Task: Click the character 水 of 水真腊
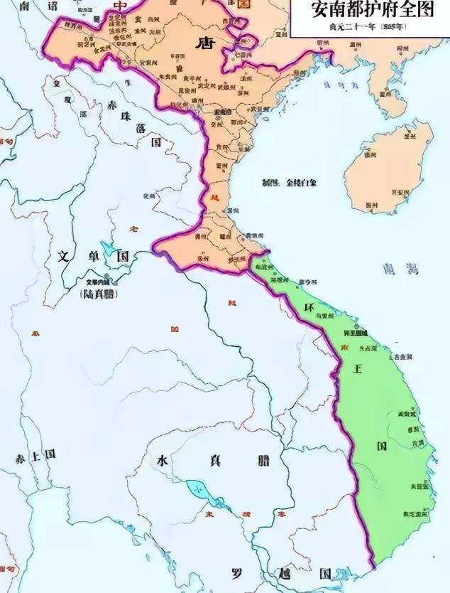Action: click(163, 459)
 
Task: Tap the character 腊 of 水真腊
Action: click(263, 459)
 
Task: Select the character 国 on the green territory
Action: click(382, 447)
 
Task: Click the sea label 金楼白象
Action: click(301, 183)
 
